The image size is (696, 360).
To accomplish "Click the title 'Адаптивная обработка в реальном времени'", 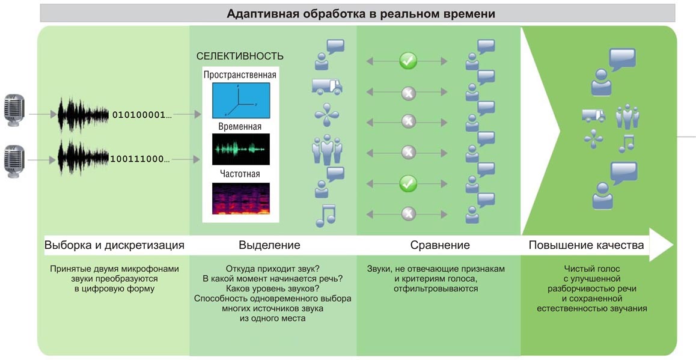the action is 361,14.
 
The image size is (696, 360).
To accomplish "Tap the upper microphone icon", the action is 14,111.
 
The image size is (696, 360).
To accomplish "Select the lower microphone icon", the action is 14,161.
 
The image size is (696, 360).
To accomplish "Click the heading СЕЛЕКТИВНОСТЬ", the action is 240,56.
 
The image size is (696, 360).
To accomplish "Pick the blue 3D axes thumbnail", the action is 240,100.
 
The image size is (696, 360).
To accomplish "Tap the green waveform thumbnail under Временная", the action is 240,149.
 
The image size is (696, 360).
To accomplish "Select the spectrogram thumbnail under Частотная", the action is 240,198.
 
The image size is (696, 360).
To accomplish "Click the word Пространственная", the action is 240,75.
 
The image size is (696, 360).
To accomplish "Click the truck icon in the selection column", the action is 327,87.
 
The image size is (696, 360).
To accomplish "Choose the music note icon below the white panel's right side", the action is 325,216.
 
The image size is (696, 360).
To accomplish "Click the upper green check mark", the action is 408,61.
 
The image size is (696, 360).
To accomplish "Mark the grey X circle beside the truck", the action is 408,93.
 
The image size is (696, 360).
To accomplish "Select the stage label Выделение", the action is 269,245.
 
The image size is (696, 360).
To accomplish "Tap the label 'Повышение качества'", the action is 586,245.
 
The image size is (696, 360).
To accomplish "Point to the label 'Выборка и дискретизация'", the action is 114,245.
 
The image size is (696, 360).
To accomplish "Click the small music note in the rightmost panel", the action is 626,144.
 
